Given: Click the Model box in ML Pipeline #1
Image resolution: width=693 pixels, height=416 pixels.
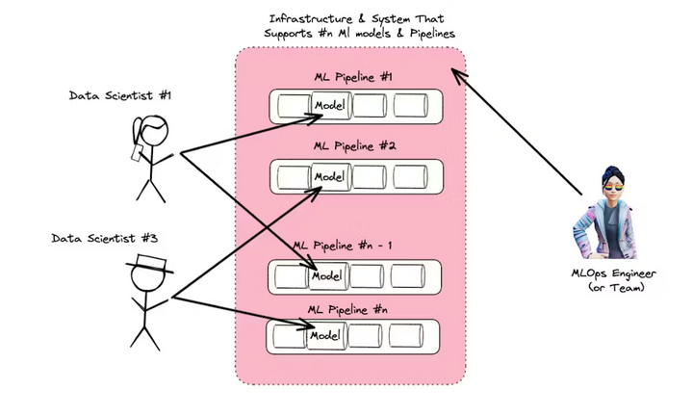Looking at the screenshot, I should (329, 104).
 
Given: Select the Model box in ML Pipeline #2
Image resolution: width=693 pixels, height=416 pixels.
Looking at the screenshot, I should (329, 176).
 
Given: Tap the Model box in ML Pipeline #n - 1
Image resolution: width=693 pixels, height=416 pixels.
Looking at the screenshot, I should (328, 275).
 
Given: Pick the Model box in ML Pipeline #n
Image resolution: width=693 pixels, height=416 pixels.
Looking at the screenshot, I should (328, 335).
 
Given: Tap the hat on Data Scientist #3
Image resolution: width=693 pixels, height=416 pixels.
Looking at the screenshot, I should (149, 264).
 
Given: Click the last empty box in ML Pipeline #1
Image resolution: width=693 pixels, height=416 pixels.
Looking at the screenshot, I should (410, 104).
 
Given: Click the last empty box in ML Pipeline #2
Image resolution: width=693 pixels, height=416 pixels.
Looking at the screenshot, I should (410, 176).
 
